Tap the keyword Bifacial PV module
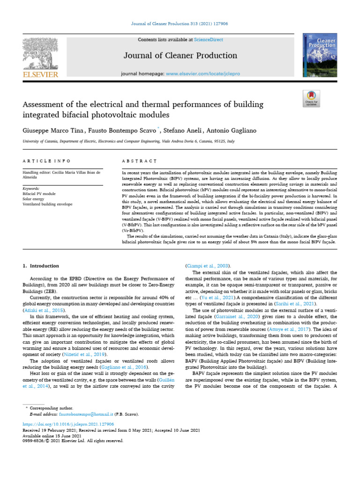click(39, 193)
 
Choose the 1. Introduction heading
click(41, 266)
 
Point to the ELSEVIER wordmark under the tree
click(40, 74)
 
